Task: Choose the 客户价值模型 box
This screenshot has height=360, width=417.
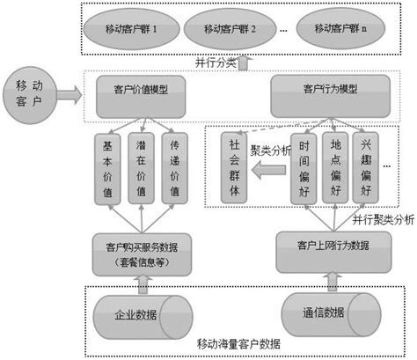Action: click(x=142, y=90)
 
